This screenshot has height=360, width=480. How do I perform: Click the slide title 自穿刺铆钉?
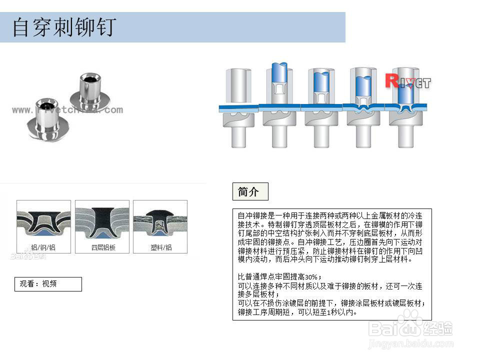[63, 27]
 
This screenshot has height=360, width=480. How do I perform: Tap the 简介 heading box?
[250, 192]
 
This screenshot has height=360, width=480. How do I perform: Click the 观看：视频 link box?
[47, 284]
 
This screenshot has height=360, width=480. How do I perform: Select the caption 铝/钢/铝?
[43, 247]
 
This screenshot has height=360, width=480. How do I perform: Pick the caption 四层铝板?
[103, 247]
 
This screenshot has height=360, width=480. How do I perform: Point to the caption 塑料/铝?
[161, 247]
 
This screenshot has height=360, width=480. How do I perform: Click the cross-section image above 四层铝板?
[102, 222]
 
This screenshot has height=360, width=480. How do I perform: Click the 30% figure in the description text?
[311, 277]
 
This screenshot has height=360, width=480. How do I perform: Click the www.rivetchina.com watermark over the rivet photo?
[67, 109]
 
